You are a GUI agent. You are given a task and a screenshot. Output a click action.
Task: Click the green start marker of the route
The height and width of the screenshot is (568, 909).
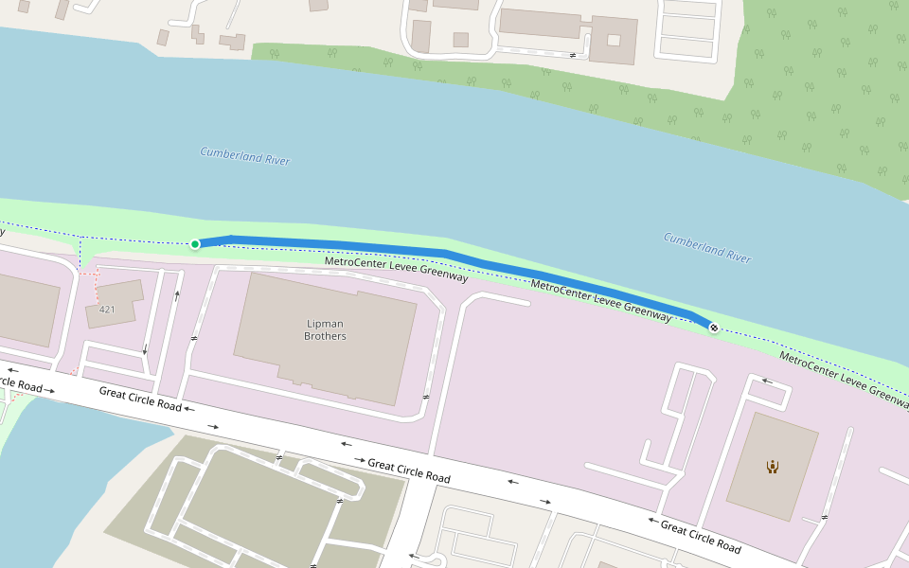195,244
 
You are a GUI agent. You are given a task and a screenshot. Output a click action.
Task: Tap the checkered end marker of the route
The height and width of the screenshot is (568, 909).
713,328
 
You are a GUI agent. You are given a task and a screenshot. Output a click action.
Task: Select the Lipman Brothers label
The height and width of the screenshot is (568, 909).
324,330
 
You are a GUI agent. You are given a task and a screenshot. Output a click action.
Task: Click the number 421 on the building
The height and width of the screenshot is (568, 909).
107,310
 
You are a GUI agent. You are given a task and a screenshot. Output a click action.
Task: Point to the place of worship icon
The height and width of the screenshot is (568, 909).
773,466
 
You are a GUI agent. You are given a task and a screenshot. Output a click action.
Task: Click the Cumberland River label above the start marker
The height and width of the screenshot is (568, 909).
244,156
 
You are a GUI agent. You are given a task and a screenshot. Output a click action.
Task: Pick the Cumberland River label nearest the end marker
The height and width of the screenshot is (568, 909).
706,247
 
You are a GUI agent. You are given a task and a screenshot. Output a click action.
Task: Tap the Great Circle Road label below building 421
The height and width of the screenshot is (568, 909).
140,398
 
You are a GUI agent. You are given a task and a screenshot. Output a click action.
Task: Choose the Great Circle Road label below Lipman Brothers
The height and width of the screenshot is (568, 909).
408,470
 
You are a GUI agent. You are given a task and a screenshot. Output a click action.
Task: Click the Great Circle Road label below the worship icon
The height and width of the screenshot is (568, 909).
701,537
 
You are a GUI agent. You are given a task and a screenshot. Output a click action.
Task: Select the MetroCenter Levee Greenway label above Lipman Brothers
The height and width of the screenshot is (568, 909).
396,269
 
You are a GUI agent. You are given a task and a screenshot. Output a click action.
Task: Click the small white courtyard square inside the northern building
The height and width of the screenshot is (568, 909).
614,40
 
